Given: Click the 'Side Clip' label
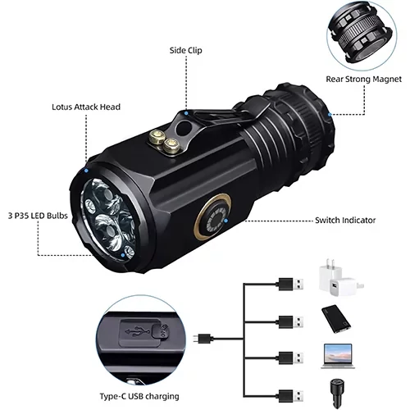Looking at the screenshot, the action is click(x=185, y=51).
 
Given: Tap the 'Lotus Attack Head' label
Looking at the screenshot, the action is click(x=86, y=107).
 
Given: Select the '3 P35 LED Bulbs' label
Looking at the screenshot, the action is click(x=38, y=216).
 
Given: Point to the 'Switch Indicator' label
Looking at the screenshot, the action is click(x=345, y=220).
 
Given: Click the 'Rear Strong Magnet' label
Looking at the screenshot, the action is click(x=363, y=80).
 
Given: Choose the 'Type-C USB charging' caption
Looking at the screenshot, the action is click(x=139, y=396).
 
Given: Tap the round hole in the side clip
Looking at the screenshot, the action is click(x=183, y=128).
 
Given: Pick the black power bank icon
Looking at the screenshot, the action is click(x=336, y=319).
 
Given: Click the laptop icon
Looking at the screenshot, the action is click(x=338, y=356).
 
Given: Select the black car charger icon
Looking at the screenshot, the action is click(x=337, y=394).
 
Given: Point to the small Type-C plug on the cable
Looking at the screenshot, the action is click(x=202, y=339).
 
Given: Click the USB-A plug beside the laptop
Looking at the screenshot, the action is click(x=291, y=358).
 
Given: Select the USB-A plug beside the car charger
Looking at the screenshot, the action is click(x=291, y=396).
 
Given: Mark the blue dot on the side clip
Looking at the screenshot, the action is click(x=186, y=113).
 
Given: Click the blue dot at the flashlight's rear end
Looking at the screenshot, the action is click(x=330, y=115).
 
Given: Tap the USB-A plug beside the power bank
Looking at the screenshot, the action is click(x=291, y=321).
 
